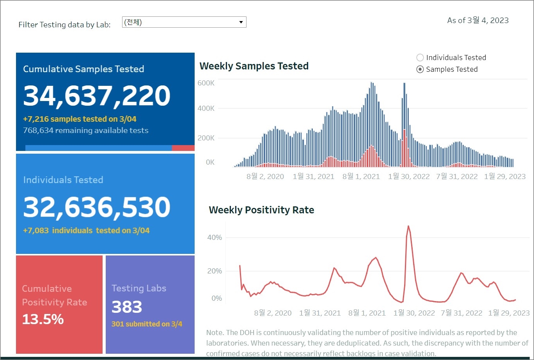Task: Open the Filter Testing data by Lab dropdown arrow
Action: pyautogui.click(x=241, y=22)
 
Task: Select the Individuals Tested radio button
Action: pyautogui.click(x=420, y=58)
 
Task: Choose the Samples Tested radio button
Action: pyautogui.click(x=420, y=69)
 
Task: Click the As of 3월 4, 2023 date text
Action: pyautogui.click(x=478, y=21)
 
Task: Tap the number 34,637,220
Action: pyautogui.click(x=97, y=96)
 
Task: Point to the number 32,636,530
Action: pyautogui.click(x=97, y=207)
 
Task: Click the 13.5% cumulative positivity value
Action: pyautogui.click(x=43, y=319)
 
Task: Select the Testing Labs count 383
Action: pyautogui.click(x=127, y=307)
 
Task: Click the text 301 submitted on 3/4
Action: pyautogui.click(x=147, y=324)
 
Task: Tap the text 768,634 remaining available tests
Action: pyautogui.click(x=86, y=131)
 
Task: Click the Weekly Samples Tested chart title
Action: pyautogui.click(x=254, y=66)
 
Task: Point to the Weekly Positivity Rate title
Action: pyautogui.click(x=261, y=210)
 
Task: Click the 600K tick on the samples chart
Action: pyautogui.click(x=206, y=83)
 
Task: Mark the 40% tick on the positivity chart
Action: pyautogui.click(x=214, y=238)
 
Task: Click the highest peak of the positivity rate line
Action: pyautogui.click(x=408, y=226)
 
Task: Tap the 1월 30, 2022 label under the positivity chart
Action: pyautogui.click(x=414, y=313)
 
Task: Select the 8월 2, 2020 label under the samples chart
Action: pyautogui.click(x=265, y=177)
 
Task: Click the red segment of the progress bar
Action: pyautogui.click(x=183, y=148)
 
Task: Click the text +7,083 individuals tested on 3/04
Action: pyautogui.click(x=86, y=231)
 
